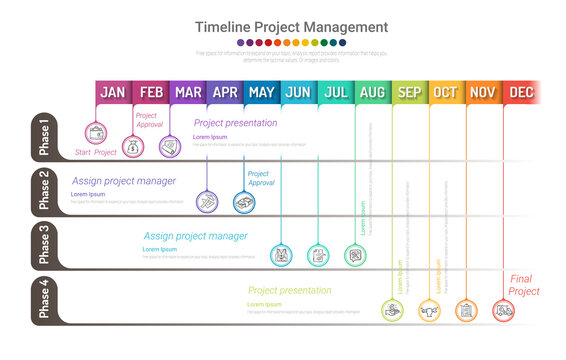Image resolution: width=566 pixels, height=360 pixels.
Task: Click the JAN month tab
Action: tap(113, 93)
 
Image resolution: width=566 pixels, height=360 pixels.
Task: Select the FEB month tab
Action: tap(151, 93)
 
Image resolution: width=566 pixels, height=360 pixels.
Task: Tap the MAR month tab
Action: tap(188, 93)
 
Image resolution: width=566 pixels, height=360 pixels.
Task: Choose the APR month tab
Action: tap(225, 93)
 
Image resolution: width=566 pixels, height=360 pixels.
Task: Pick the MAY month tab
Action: tap(262, 93)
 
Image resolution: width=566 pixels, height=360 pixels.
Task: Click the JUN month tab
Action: tap(298, 93)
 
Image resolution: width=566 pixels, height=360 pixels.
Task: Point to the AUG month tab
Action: tap(372, 93)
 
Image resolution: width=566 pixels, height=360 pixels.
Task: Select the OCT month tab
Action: tap(446, 93)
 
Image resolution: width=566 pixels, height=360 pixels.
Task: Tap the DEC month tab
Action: tap(521, 93)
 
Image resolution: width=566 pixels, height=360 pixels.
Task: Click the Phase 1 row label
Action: tap(44, 137)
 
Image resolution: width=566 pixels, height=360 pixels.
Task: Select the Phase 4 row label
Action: tap(44, 299)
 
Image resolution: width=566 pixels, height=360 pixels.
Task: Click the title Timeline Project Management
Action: tap(291, 27)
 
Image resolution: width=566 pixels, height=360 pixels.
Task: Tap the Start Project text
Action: tap(96, 153)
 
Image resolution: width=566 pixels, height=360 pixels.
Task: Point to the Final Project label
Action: tap(524, 285)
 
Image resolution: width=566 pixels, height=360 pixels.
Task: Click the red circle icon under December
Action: tap(503, 311)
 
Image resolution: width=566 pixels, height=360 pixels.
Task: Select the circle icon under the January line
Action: tap(97, 132)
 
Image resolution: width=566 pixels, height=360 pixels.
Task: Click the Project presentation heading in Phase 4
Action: tap(290, 291)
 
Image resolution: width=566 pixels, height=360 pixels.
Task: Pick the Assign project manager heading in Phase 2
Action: tap(124, 181)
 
